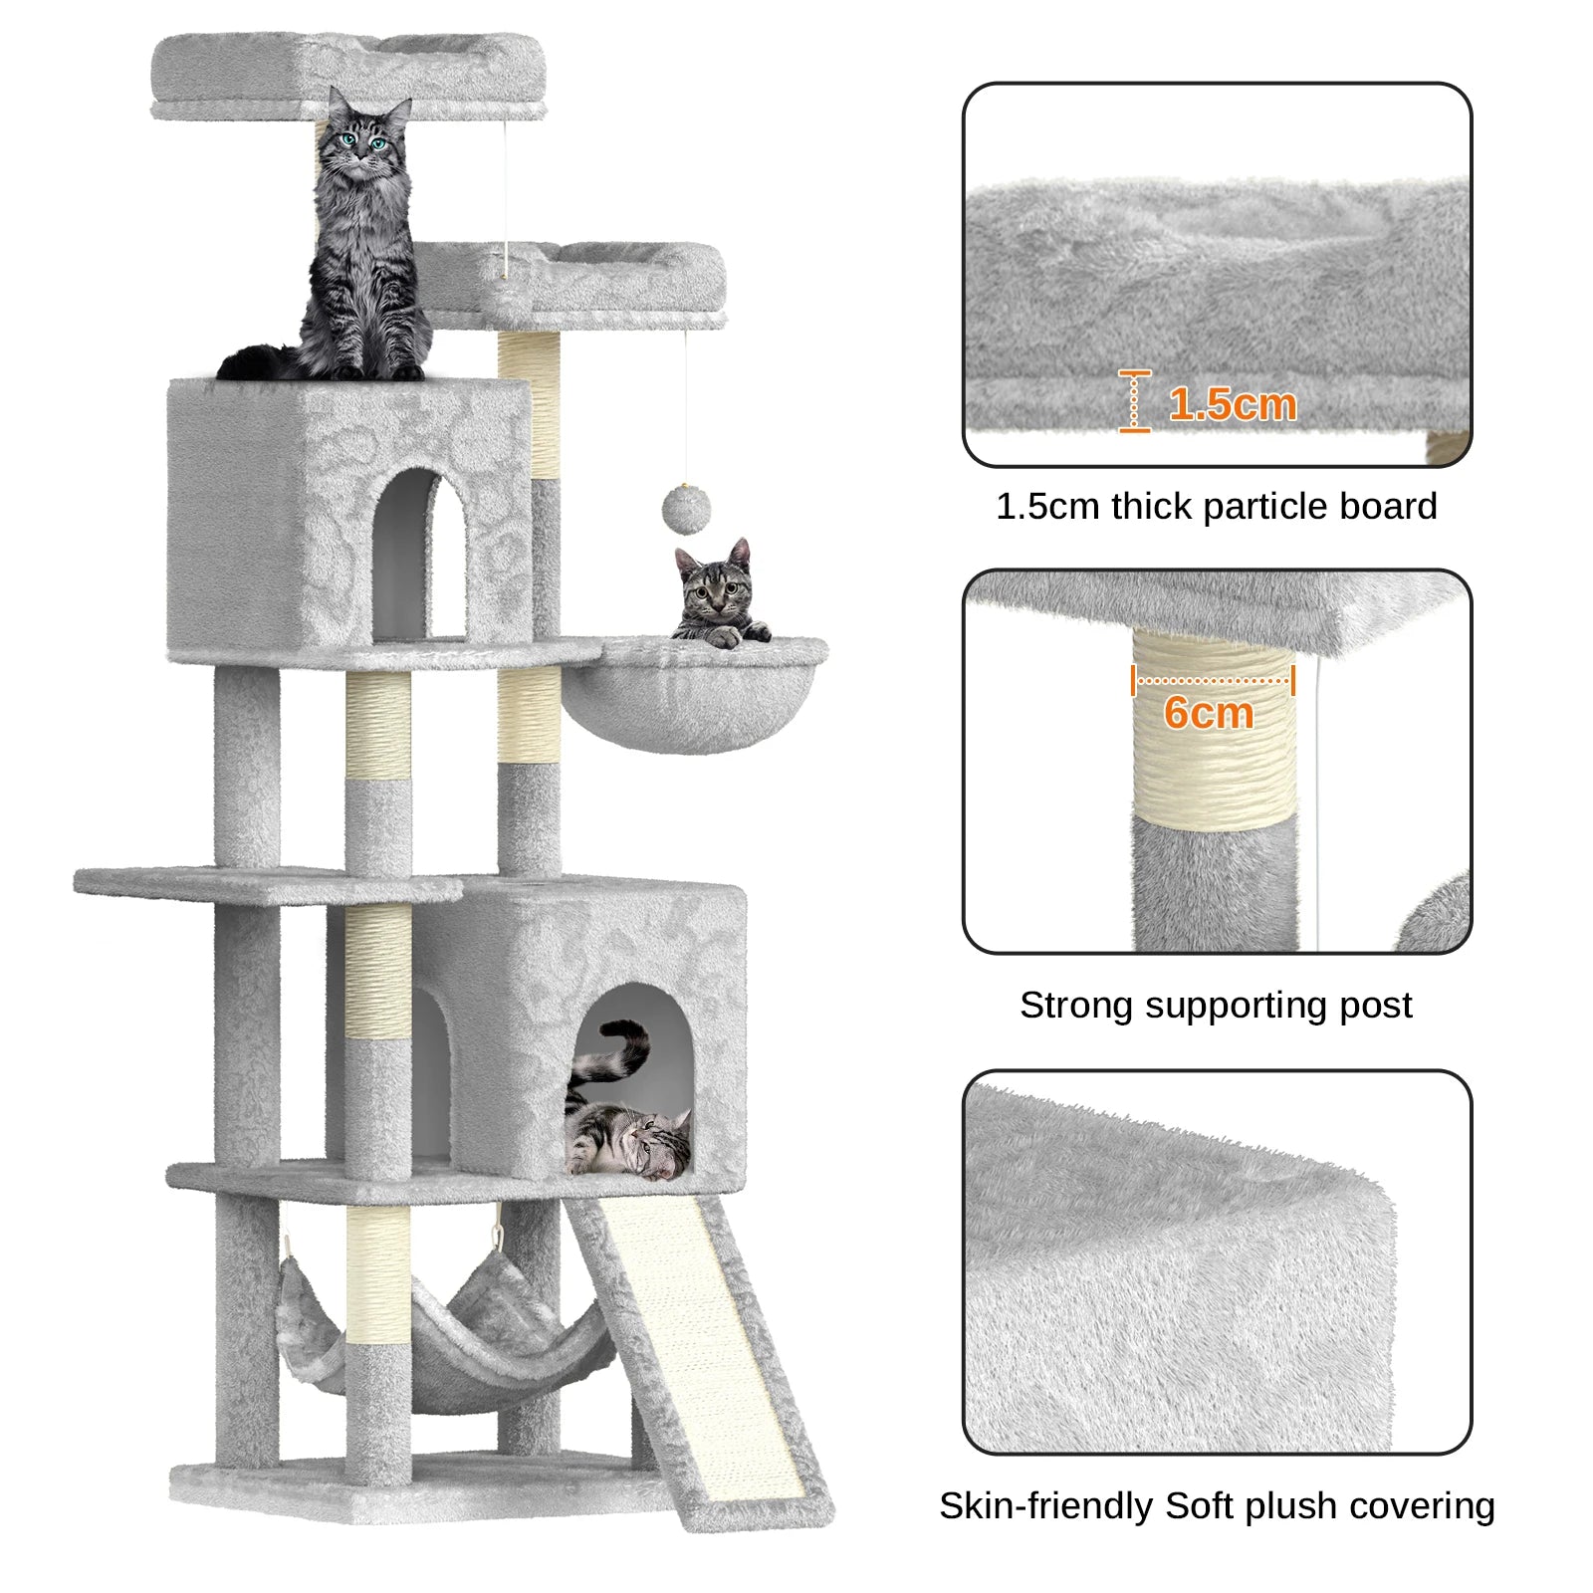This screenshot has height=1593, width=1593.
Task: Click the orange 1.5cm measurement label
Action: pyautogui.click(x=1233, y=404)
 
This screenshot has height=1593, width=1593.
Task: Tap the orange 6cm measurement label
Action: pyautogui.click(x=1209, y=713)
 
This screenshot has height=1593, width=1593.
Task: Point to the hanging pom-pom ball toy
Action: pyautogui.click(x=686, y=509)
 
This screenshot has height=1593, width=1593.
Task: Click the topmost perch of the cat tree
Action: pyautogui.click(x=348, y=70)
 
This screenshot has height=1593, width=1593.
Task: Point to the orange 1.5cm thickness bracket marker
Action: pyautogui.click(x=1134, y=401)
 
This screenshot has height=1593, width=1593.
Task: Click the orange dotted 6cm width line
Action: pyautogui.click(x=1213, y=681)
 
